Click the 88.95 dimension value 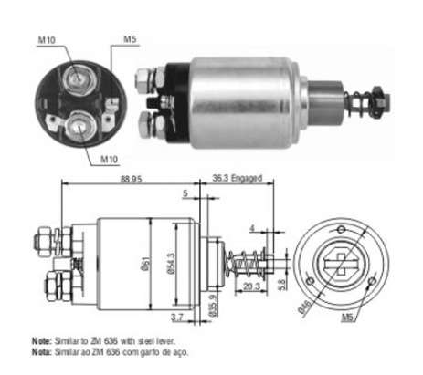(x=131, y=179)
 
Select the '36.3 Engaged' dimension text (x=238, y=178)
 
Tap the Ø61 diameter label (x=145, y=264)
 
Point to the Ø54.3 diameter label (x=172, y=264)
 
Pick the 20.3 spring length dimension (x=251, y=286)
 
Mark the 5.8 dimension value (x=282, y=285)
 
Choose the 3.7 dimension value (x=177, y=318)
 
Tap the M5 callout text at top (x=130, y=39)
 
